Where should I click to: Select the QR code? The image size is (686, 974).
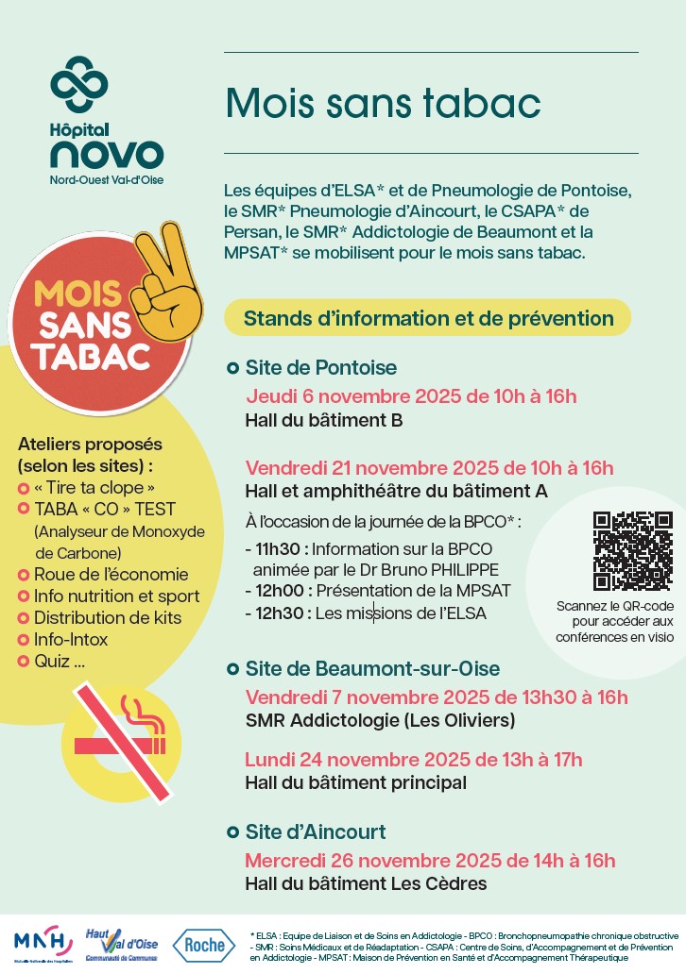click(x=632, y=550)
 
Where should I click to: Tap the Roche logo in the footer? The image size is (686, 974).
click(x=205, y=944)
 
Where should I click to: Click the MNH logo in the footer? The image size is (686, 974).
click(x=43, y=941)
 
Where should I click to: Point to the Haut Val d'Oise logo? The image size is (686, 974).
click(x=123, y=942)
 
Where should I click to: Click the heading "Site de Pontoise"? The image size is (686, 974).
click(x=321, y=367)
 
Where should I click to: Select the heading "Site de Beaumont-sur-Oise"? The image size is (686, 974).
click(x=372, y=669)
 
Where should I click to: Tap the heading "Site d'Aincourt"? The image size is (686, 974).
click(x=316, y=832)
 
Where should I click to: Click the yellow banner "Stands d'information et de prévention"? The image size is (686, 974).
click(x=428, y=318)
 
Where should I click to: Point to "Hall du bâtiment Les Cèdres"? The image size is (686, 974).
click(x=366, y=884)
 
